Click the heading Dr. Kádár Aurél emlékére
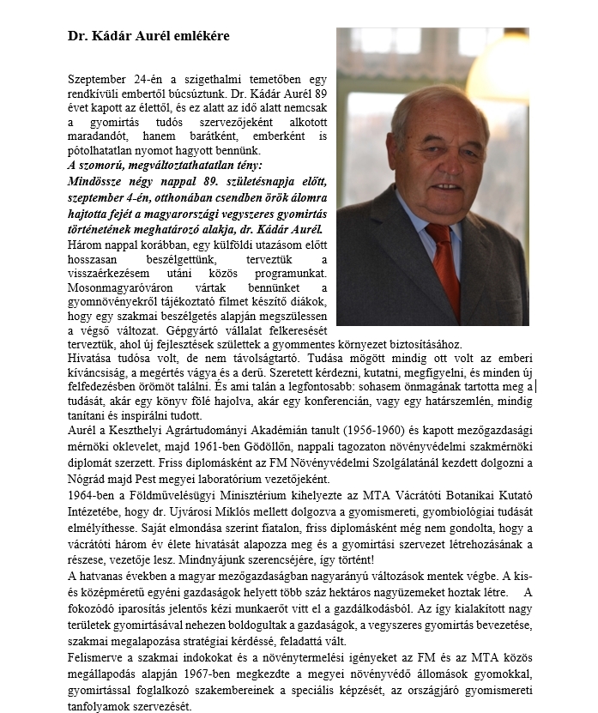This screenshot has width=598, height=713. pos(148,37)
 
